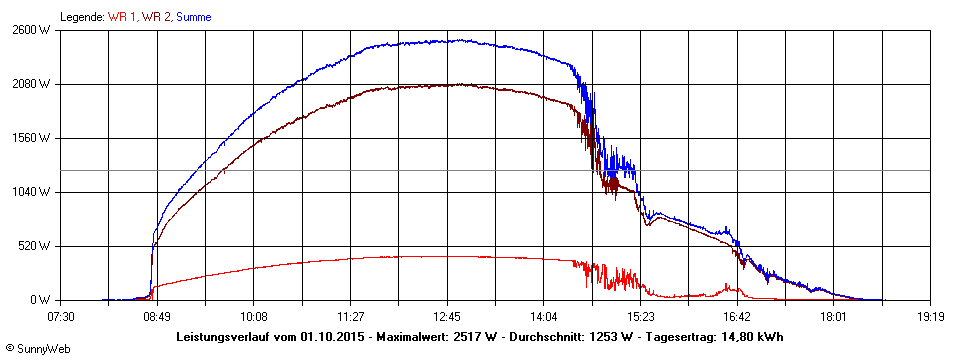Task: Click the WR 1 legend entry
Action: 123,17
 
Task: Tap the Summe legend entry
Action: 194,17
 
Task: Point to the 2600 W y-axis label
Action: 31,30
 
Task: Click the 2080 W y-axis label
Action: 31,84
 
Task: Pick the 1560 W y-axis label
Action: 31,138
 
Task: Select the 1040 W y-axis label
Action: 31,192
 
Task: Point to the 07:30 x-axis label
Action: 61,316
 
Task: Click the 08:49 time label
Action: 157,316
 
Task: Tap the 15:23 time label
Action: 640,316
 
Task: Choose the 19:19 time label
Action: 930,316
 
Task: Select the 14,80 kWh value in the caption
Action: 750,336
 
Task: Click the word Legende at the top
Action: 82,17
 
